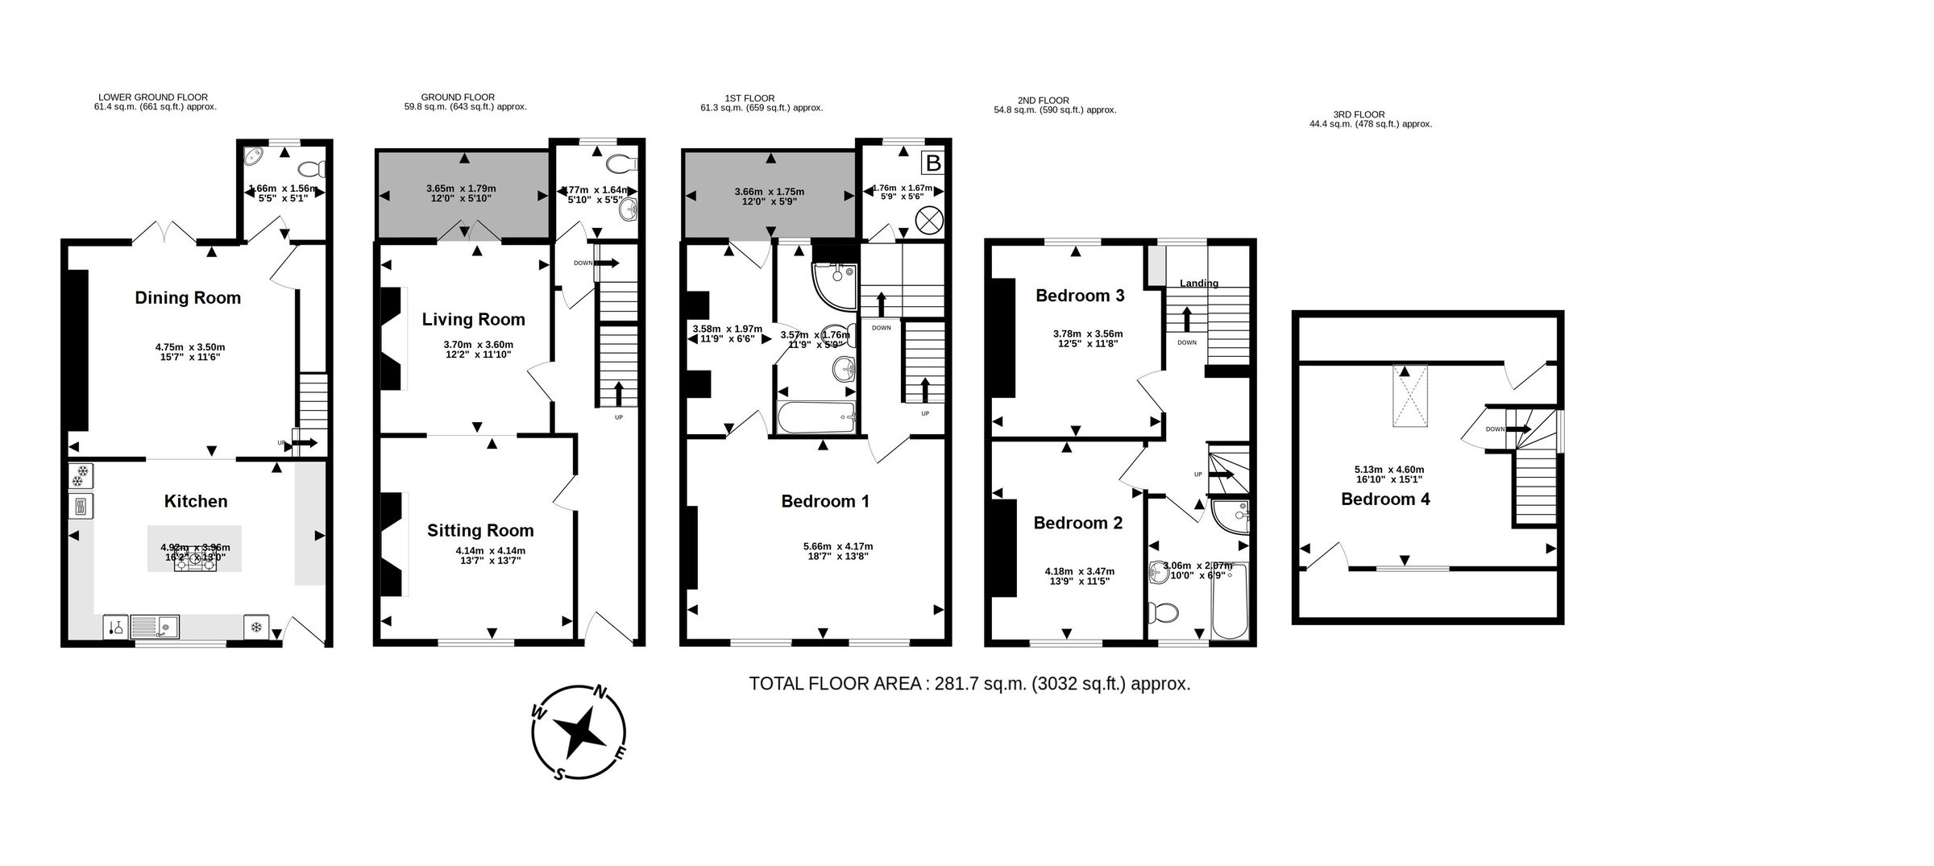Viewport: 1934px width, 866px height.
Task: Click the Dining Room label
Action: [x=188, y=298]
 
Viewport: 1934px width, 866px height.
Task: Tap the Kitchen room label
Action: [x=196, y=501]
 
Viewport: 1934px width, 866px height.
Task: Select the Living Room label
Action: [x=473, y=320]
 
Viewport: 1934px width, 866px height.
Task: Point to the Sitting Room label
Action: [x=480, y=530]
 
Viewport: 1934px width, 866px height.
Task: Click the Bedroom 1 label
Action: [x=825, y=501]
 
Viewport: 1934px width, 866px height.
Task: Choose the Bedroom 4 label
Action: [x=1385, y=499]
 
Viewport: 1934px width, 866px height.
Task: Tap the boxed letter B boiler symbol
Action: [x=932, y=164]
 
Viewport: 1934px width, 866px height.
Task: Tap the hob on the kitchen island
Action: [x=196, y=563]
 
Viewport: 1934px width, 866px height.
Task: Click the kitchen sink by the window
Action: [x=155, y=626]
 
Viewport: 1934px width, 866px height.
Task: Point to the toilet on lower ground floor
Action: [x=310, y=169]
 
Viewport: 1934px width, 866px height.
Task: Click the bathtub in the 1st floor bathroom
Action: [x=816, y=417]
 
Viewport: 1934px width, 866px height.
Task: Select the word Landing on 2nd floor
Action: [x=1198, y=283]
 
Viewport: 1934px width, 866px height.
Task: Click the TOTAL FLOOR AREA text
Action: [x=969, y=684]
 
